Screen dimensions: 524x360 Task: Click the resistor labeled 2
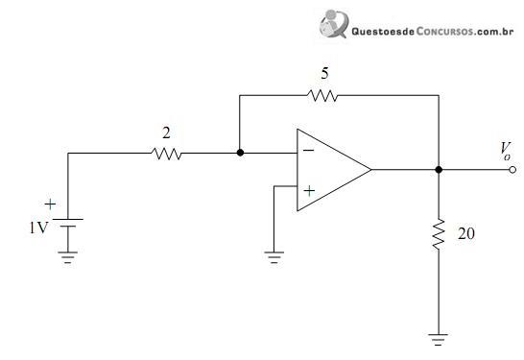point(166,154)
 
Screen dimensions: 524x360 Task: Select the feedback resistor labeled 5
point(322,96)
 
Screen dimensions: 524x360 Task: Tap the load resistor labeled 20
point(439,234)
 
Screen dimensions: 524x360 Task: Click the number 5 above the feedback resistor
point(324,74)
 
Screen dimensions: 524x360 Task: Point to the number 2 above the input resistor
point(166,133)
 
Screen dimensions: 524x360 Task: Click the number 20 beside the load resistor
point(466,233)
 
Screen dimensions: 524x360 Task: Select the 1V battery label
point(38,228)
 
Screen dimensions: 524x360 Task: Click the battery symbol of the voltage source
point(68,223)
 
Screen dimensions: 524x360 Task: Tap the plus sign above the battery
point(50,204)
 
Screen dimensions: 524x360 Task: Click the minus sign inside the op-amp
point(308,151)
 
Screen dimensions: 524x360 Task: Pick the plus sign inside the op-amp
point(309,191)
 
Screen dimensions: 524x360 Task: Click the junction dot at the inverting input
point(240,153)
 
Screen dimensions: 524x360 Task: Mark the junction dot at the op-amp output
point(439,170)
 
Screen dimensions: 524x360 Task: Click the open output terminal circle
point(512,170)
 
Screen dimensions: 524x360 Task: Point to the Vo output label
point(506,151)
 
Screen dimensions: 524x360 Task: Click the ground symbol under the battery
point(68,257)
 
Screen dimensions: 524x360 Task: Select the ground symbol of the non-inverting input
point(274,257)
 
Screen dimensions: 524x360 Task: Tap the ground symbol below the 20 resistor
point(439,339)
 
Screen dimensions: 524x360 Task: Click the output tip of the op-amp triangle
point(371,170)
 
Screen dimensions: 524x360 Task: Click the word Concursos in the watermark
point(444,32)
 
